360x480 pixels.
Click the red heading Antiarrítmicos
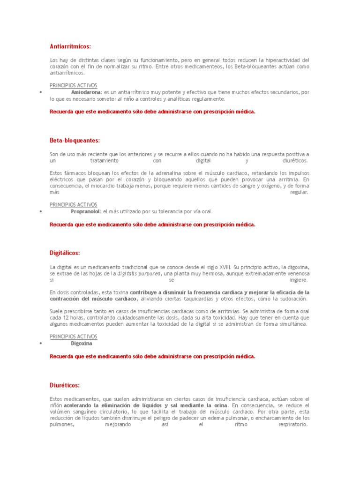(x=70, y=46)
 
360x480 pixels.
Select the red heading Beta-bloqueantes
(x=75, y=141)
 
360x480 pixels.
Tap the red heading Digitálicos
(x=65, y=253)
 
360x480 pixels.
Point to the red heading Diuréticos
(x=65, y=385)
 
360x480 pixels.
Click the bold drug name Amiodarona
(x=86, y=92)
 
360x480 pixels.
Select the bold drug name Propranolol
(x=85, y=211)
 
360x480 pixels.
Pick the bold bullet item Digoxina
(x=82, y=343)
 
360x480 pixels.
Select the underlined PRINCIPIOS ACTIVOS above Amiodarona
(x=73, y=86)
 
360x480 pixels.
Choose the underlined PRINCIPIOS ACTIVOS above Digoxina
(x=73, y=337)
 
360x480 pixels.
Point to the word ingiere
(x=299, y=280)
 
